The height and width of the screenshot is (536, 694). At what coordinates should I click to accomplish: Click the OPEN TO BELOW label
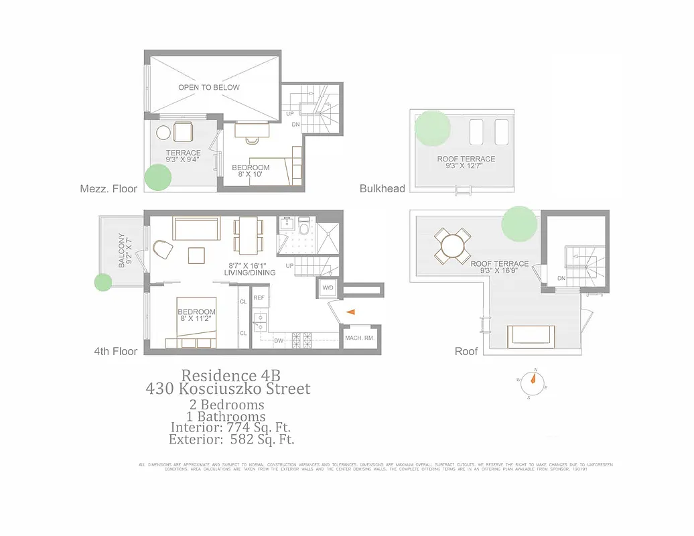coord(208,88)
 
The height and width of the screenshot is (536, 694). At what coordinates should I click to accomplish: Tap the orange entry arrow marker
coord(350,312)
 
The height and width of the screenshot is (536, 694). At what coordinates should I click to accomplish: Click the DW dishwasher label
coord(279,341)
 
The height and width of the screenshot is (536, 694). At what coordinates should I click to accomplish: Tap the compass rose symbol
coord(533,379)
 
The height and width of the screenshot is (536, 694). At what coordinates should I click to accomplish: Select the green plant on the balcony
coord(103,282)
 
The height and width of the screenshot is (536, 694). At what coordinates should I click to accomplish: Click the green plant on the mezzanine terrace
coord(158,178)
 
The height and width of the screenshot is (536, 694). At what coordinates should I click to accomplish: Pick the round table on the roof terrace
coord(454,245)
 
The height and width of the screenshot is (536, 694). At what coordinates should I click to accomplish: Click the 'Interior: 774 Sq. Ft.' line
coord(230,427)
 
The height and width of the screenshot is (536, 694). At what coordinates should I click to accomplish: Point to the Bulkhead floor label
coord(383,189)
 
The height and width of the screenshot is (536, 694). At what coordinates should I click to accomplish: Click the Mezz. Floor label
coord(108,189)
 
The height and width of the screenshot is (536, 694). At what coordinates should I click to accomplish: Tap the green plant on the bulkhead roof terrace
coord(432,128)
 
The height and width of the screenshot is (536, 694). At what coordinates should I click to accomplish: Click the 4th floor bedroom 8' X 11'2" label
coord(196,316)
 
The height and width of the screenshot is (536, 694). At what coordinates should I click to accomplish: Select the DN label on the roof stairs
coord(561,277)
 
